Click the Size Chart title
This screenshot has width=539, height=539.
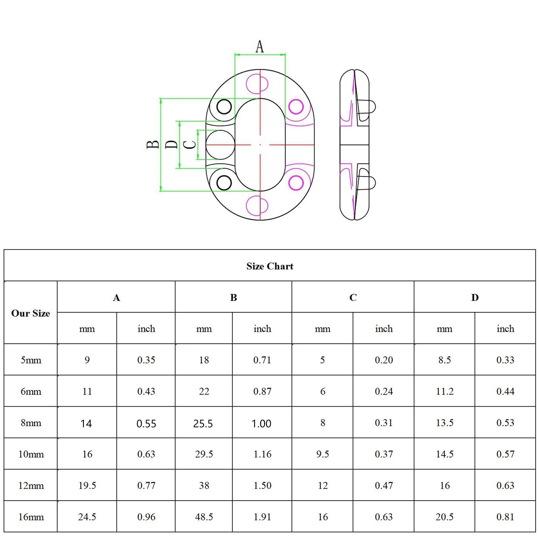pyautogui.click(x=269, y=266)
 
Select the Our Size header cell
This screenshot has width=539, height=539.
pyautogui.click(x=31, y=313)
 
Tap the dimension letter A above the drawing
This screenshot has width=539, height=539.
pyautogui.click(x=259, y=47)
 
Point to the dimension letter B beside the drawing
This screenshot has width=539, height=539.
pyautogui.click(x=153, y=145)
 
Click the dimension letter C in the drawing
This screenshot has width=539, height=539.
pyautogui.click(x=190, y=145)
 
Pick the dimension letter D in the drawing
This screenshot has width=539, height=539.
pyautogui.click(x=171, y=145)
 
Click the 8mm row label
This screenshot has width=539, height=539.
pyautogui.click(x=31, y=423)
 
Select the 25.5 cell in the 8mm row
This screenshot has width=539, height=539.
pyautogui.click(x=203, y=423)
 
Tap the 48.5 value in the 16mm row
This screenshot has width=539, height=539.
pyautogui.click(x=204, y=517)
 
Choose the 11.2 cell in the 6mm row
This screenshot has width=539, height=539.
pyautogui.click(x=445, y=391)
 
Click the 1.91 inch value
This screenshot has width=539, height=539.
pyautogui.click(x=262, y=517)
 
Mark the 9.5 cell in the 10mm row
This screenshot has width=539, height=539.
pyautogui.click(x=322, y=454)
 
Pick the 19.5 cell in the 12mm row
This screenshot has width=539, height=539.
pyautogui.click(x=87, y=485)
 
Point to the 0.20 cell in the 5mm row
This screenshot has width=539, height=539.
pyautogui.click(x=383, y=360)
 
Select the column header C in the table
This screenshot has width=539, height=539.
pyautogui.click(x=353, y=297)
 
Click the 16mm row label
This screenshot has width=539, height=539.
pyautogui.click(x=31, y=517)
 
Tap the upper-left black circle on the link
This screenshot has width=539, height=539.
pyautogui.click(x=224, y=107)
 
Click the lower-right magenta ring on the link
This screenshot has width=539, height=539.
pyautogui.click(x=296, y=183)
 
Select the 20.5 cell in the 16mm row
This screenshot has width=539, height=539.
pyautogui.click(x=444, y=517)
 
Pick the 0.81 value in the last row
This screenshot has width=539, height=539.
pyautogui.click(x=505, y=517)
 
